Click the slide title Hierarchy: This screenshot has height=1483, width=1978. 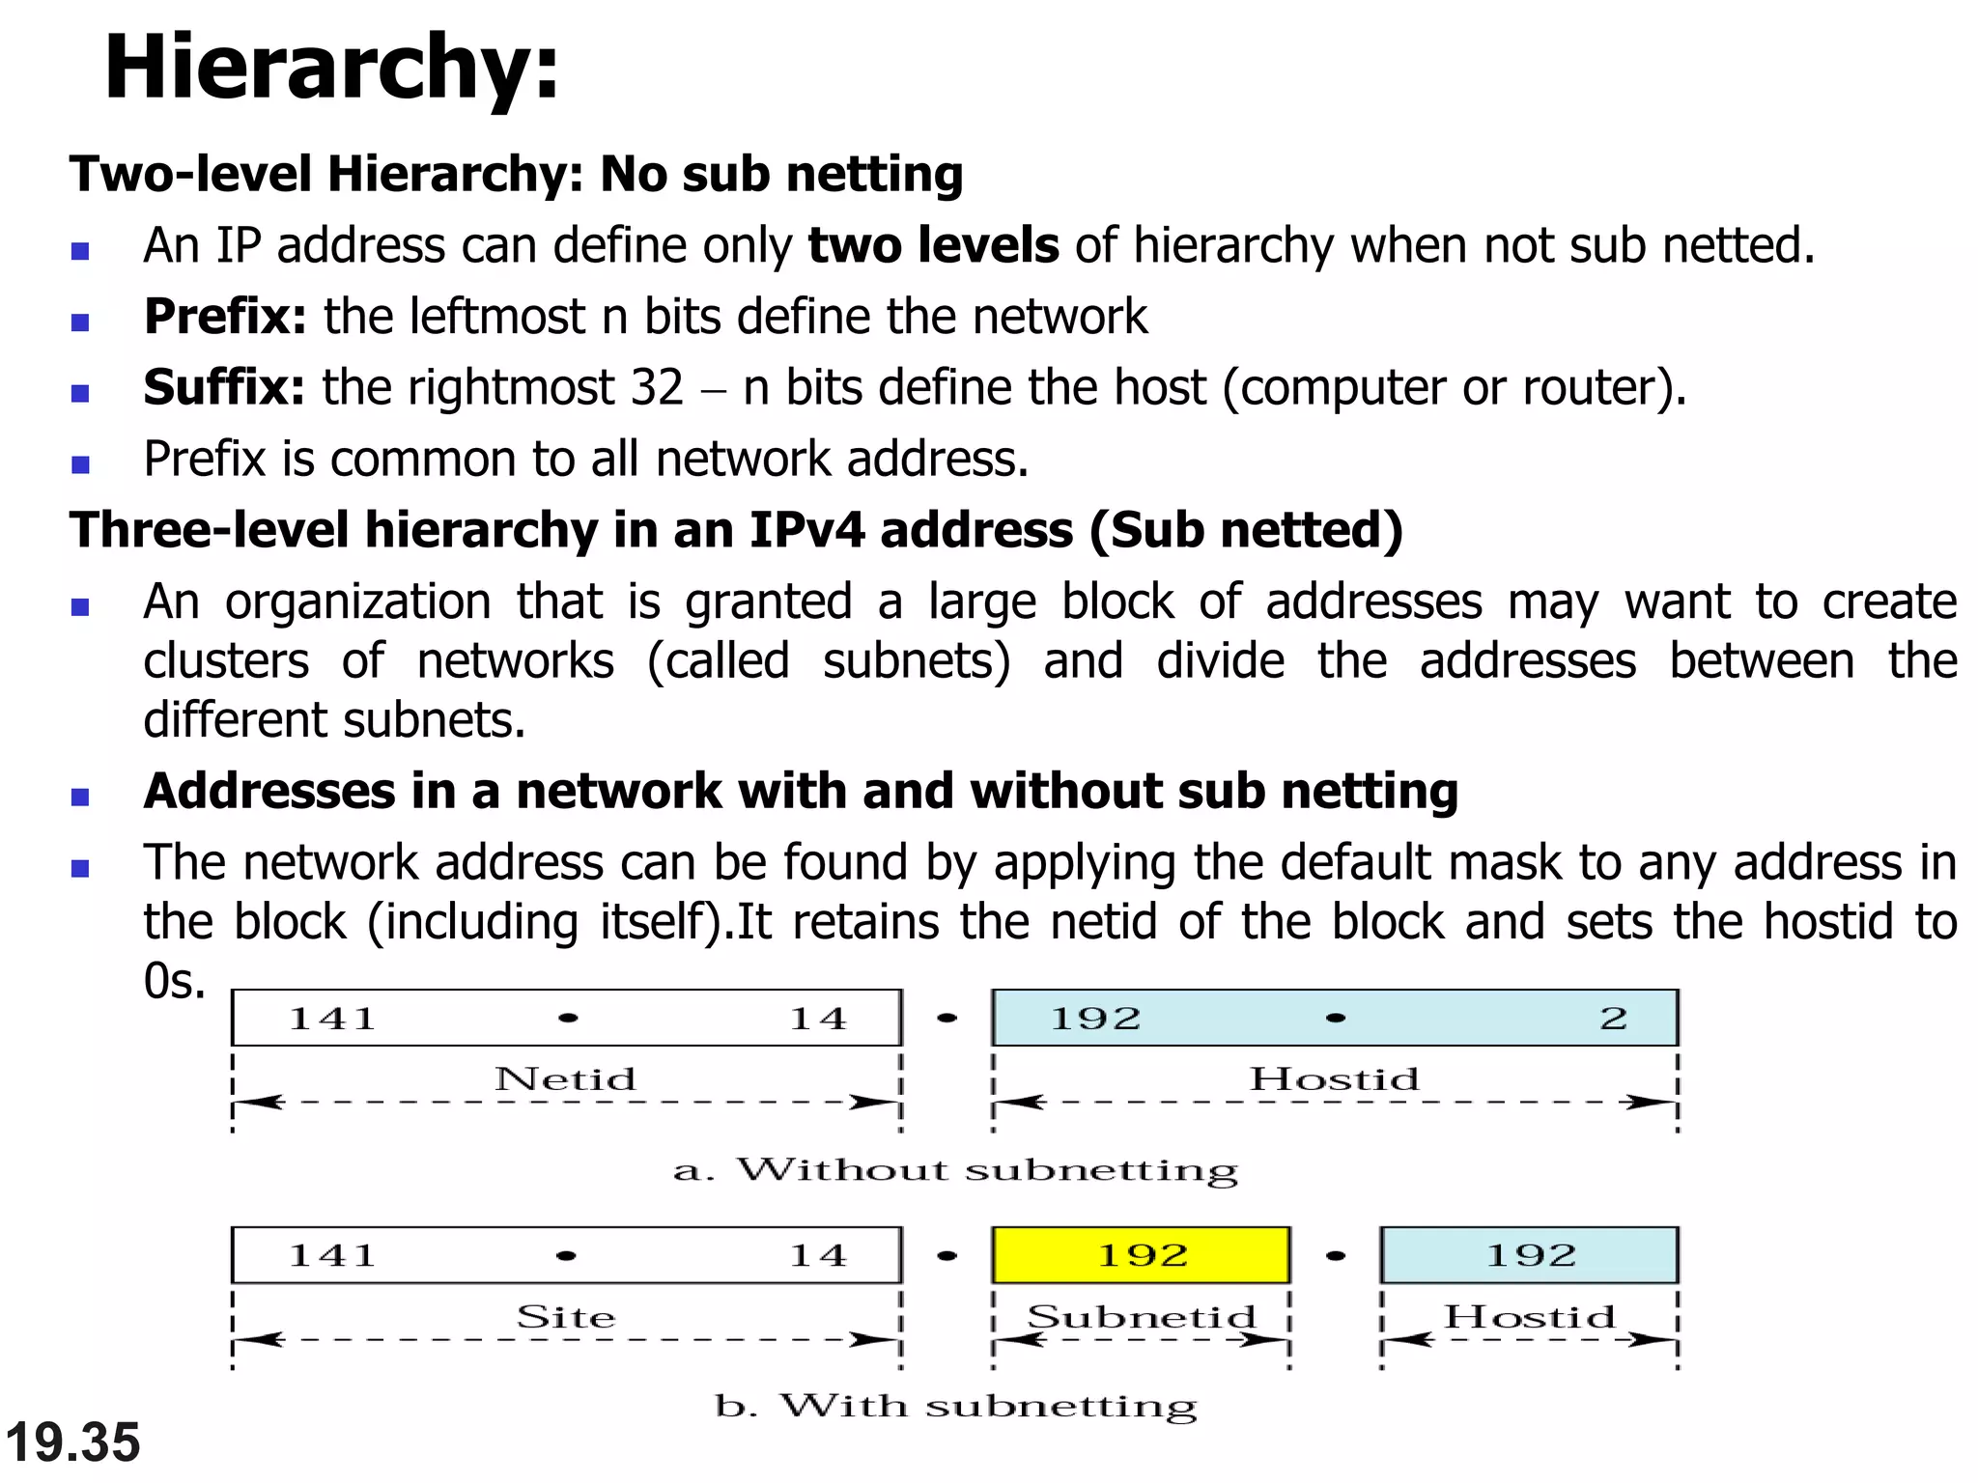point(331,68)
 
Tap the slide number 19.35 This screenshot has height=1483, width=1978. point(72,1442)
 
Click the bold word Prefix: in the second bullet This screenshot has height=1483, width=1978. point(225,317)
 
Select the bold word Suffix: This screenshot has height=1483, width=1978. point(224,388)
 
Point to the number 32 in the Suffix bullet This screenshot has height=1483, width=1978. point(657,388)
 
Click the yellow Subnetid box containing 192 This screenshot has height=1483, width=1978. point(1141,1255)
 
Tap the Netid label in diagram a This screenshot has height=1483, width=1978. point(565,1078)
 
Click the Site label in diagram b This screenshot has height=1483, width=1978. point(565,1317)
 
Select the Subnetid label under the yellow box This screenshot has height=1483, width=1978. point(1141,1317)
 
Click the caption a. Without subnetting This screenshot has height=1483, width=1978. point(954,1170)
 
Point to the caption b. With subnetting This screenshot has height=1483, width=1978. point(954,1406)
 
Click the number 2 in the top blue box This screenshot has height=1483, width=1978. point(1613,1019)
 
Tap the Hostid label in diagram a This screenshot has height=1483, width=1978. point(1334,1078)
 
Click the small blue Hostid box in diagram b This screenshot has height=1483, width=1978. point(1529,1255)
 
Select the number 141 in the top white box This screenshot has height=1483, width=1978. point(332,1019)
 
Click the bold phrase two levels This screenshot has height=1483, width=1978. point(933,245)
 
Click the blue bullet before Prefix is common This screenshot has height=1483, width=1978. point(80,464)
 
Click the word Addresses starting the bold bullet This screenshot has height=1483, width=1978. point(269,792)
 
